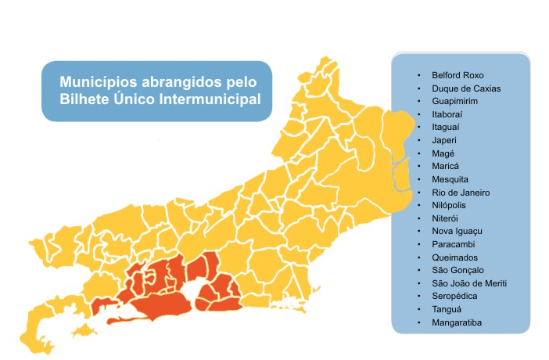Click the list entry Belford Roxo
458,75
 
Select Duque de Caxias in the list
465,88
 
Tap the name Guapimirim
454,102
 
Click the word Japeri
443,140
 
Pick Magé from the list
442,153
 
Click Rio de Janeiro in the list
460,193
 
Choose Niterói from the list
446,218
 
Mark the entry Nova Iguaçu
457,232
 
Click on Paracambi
452,244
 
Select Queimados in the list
454,257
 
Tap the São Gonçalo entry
457,270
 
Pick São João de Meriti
468,283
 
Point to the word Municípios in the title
98,81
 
